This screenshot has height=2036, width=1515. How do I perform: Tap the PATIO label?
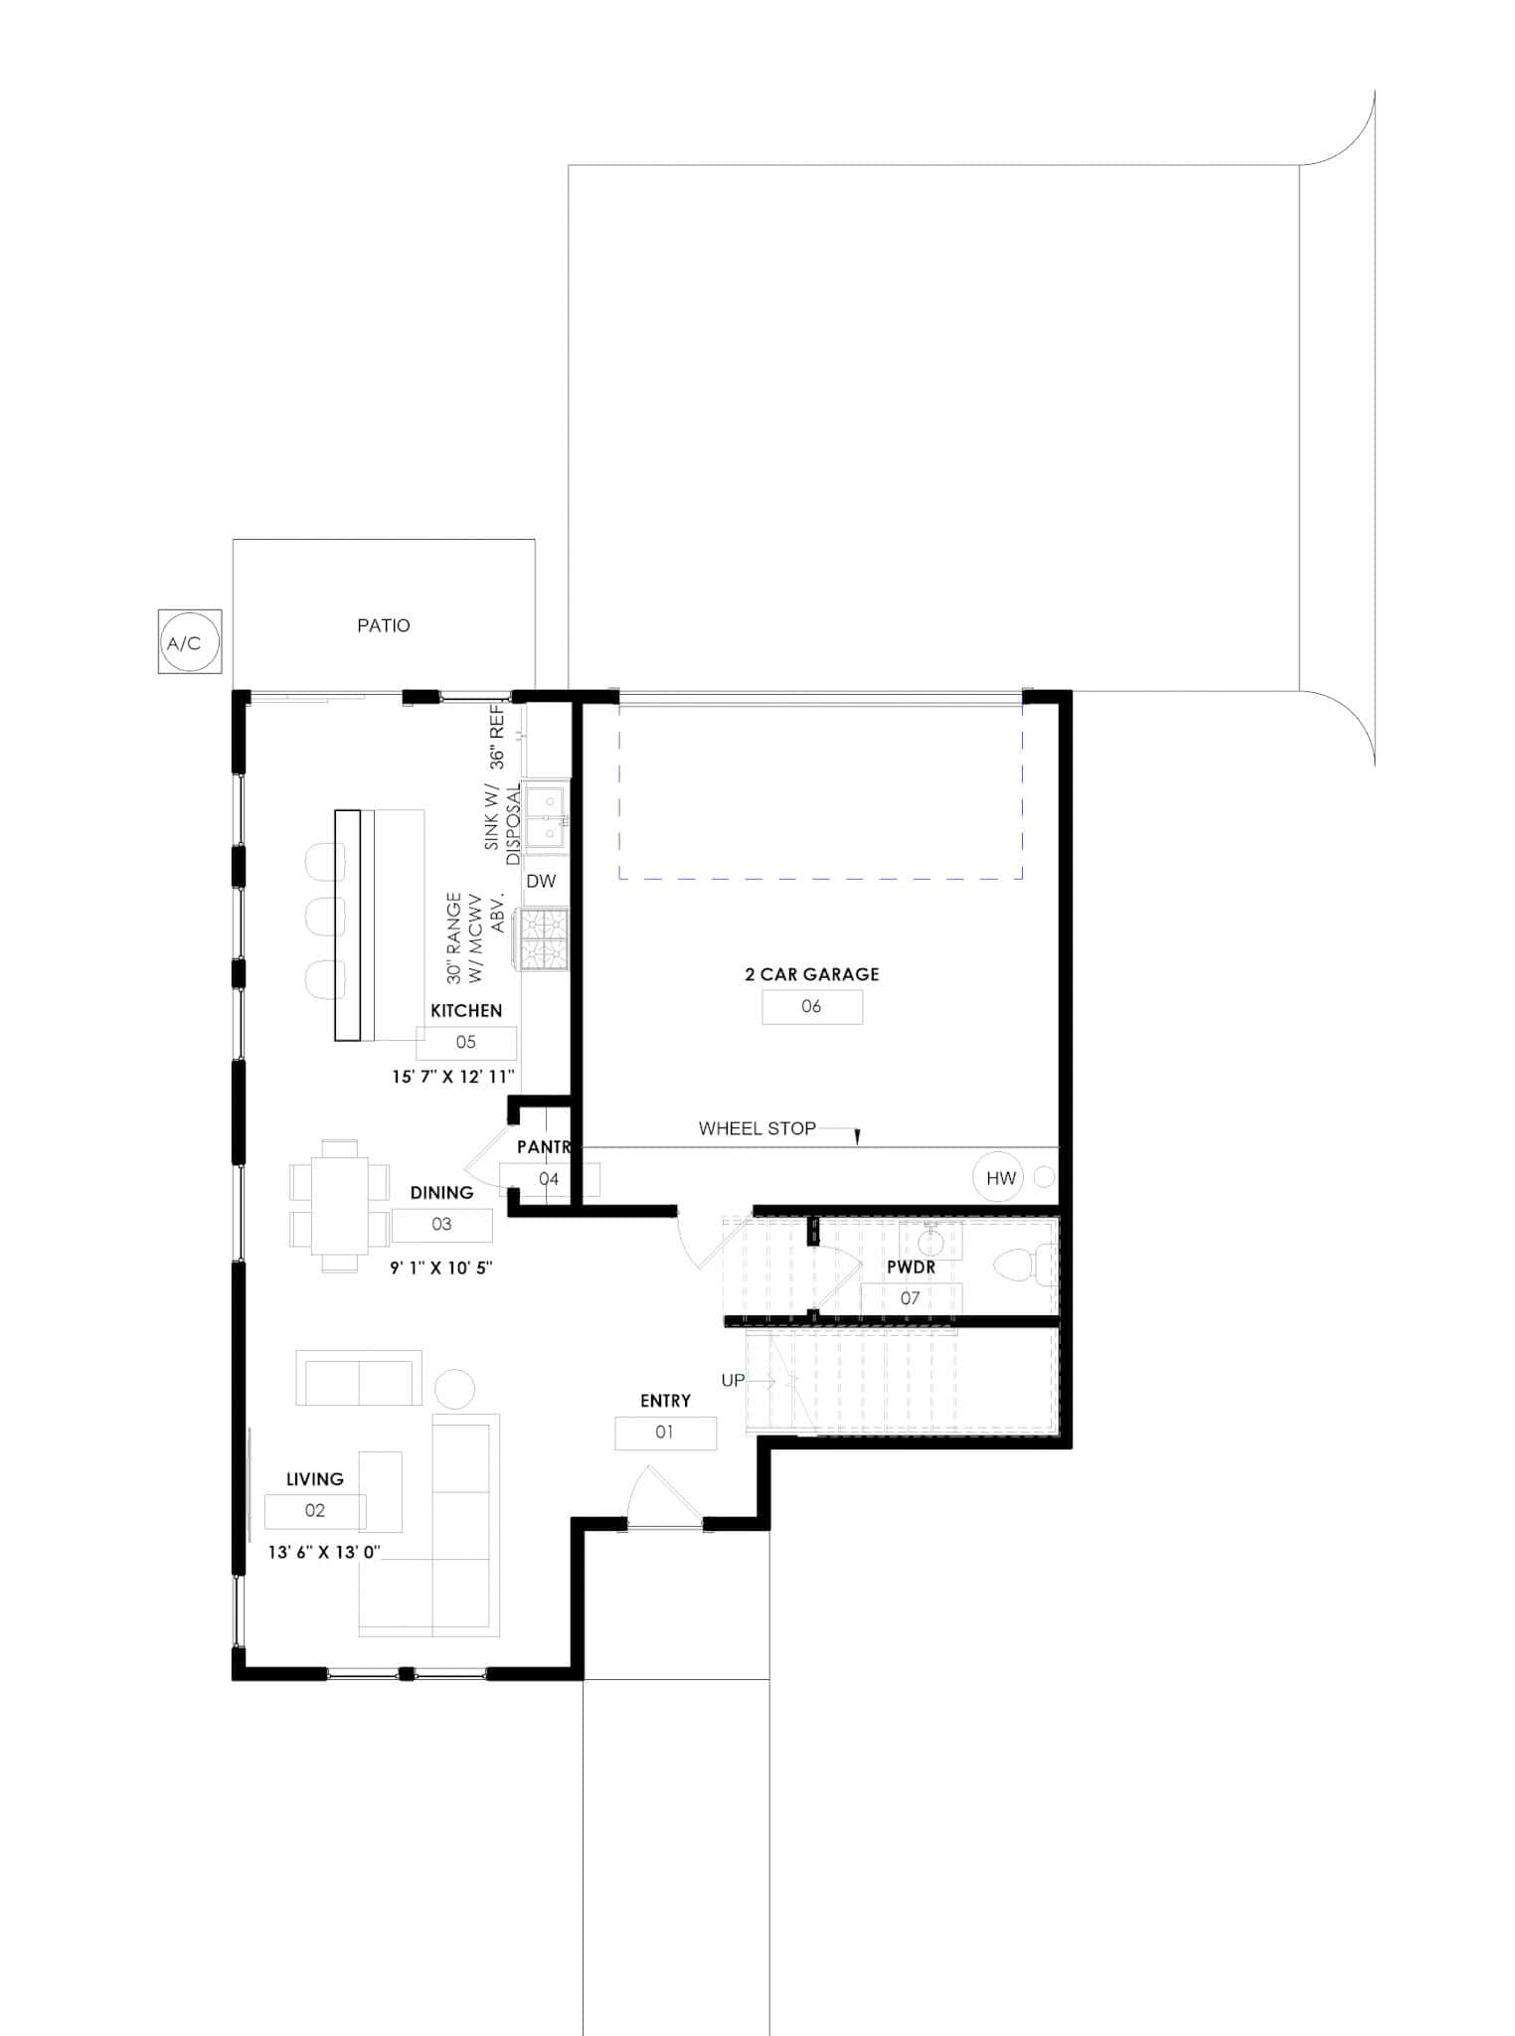(384, 625)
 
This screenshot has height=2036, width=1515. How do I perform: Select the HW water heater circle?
(1000, 1178)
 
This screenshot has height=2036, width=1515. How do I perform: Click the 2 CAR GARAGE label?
(811, 974)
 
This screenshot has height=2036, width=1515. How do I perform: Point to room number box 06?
(811, 1007)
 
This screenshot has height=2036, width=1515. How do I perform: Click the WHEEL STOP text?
(757, 1128)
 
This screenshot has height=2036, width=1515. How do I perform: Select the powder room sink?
(930, 1243)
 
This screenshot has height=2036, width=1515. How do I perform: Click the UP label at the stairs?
(733, 1380)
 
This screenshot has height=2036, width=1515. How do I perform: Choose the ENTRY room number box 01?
(664, 1433)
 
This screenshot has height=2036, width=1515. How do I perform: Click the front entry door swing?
(651, 1496)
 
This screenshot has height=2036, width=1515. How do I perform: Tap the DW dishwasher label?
(541, 881)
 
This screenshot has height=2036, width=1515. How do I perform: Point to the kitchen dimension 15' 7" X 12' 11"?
(452, 1076)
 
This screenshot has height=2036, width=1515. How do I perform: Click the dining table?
(339, 1205)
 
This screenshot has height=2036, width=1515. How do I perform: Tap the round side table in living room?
(455, 1389)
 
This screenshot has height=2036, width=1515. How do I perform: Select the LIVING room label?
(314, 1479)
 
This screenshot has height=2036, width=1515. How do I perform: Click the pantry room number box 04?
(549, 1179)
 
